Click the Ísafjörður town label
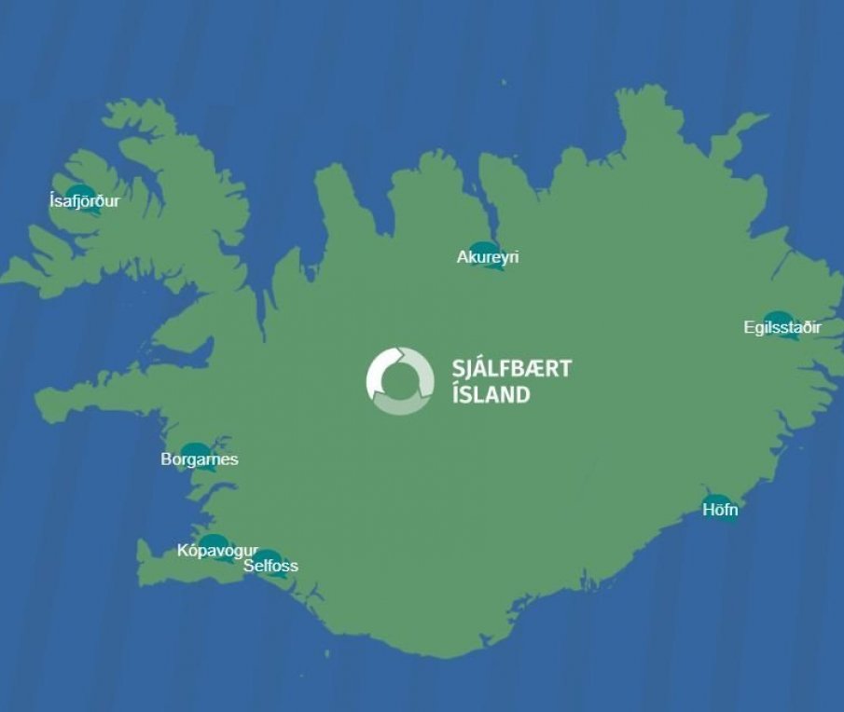tap(84, 200)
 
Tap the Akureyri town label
tap(487, 257)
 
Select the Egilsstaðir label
tap(782, 328)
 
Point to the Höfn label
tap(720, 510)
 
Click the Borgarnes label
tap(200, 459)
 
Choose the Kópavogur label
tap(217, 551)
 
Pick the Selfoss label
tap(270, 566)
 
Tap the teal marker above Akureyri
tap(484, 249)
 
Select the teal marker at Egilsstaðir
tap(778, 319)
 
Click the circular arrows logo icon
tap(400, 380)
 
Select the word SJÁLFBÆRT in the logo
tap(511, 368)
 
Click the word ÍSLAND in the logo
tap(491, 394)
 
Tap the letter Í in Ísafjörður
tap(51, 199)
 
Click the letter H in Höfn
tap(708, 510)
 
